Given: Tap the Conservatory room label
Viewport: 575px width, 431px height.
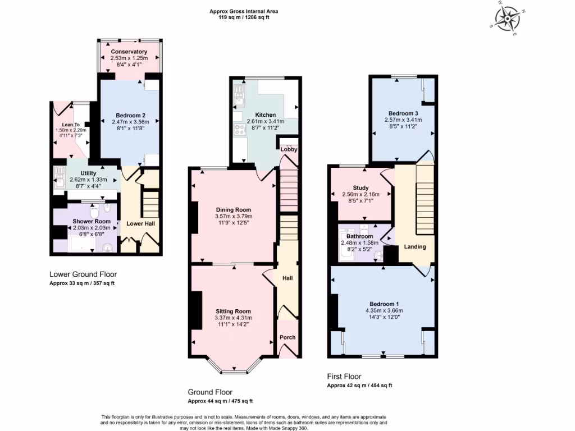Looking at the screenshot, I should pos(129,52).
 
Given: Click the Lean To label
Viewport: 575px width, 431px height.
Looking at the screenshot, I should pos(70,125).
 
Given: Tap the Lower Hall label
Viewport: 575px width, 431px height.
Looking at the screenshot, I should pos(140,223).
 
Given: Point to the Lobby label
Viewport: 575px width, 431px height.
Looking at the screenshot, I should pos(289,149).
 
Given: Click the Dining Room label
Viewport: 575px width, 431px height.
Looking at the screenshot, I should pos(234,209).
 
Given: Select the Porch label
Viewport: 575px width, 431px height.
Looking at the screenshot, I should pos(287,337).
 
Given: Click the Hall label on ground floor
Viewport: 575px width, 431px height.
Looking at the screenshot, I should pos(287,278).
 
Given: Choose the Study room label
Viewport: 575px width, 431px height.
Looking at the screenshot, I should pos(360,187).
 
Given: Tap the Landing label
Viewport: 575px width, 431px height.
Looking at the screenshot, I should pos(415,246).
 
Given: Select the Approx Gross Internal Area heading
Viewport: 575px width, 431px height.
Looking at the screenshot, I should pos(244,11).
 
